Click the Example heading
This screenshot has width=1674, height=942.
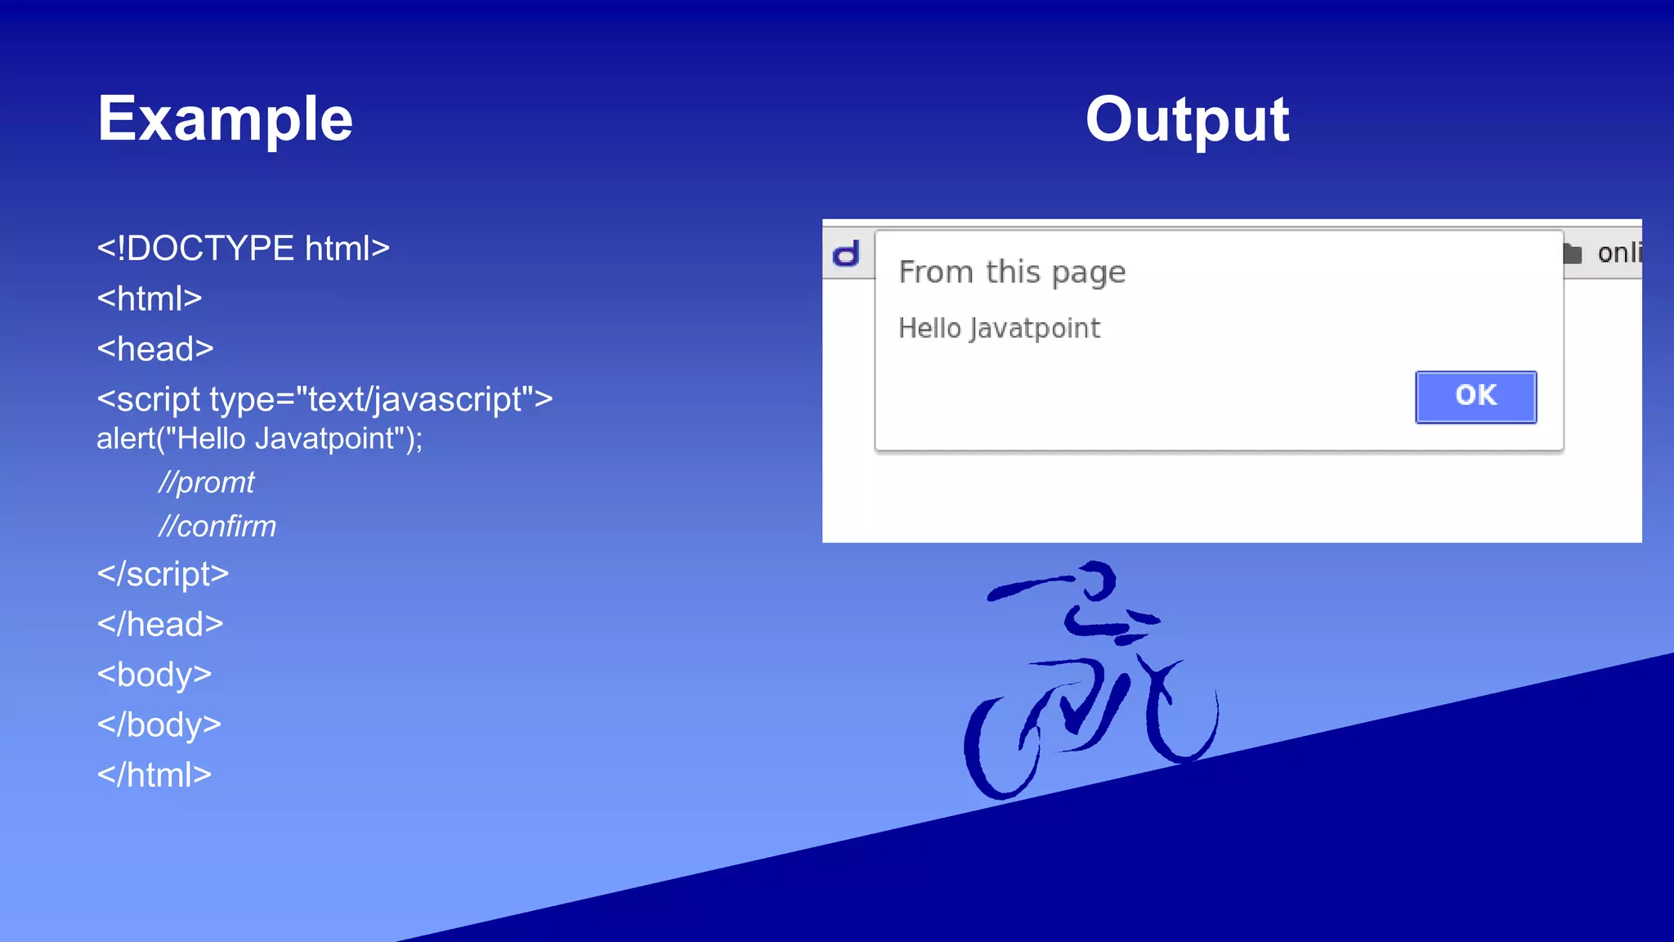225,119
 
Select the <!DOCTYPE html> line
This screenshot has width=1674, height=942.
243,249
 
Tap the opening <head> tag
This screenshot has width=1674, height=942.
155,349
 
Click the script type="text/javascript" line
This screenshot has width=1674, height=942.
325,399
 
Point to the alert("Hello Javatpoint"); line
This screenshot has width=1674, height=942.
259,439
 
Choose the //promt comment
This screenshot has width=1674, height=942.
207,482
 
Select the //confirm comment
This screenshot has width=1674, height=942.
217,527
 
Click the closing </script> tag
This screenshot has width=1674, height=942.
163,574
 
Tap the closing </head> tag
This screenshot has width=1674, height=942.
160,625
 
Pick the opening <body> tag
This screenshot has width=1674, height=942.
154,675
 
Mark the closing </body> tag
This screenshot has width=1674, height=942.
159,725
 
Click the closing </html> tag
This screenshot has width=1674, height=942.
154,775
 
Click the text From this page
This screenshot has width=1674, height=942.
1012,272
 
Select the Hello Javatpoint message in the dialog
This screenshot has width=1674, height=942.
999,329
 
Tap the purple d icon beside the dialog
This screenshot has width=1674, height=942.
847,254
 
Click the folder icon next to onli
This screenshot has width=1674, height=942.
1572,253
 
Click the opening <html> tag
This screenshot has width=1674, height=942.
150,298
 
